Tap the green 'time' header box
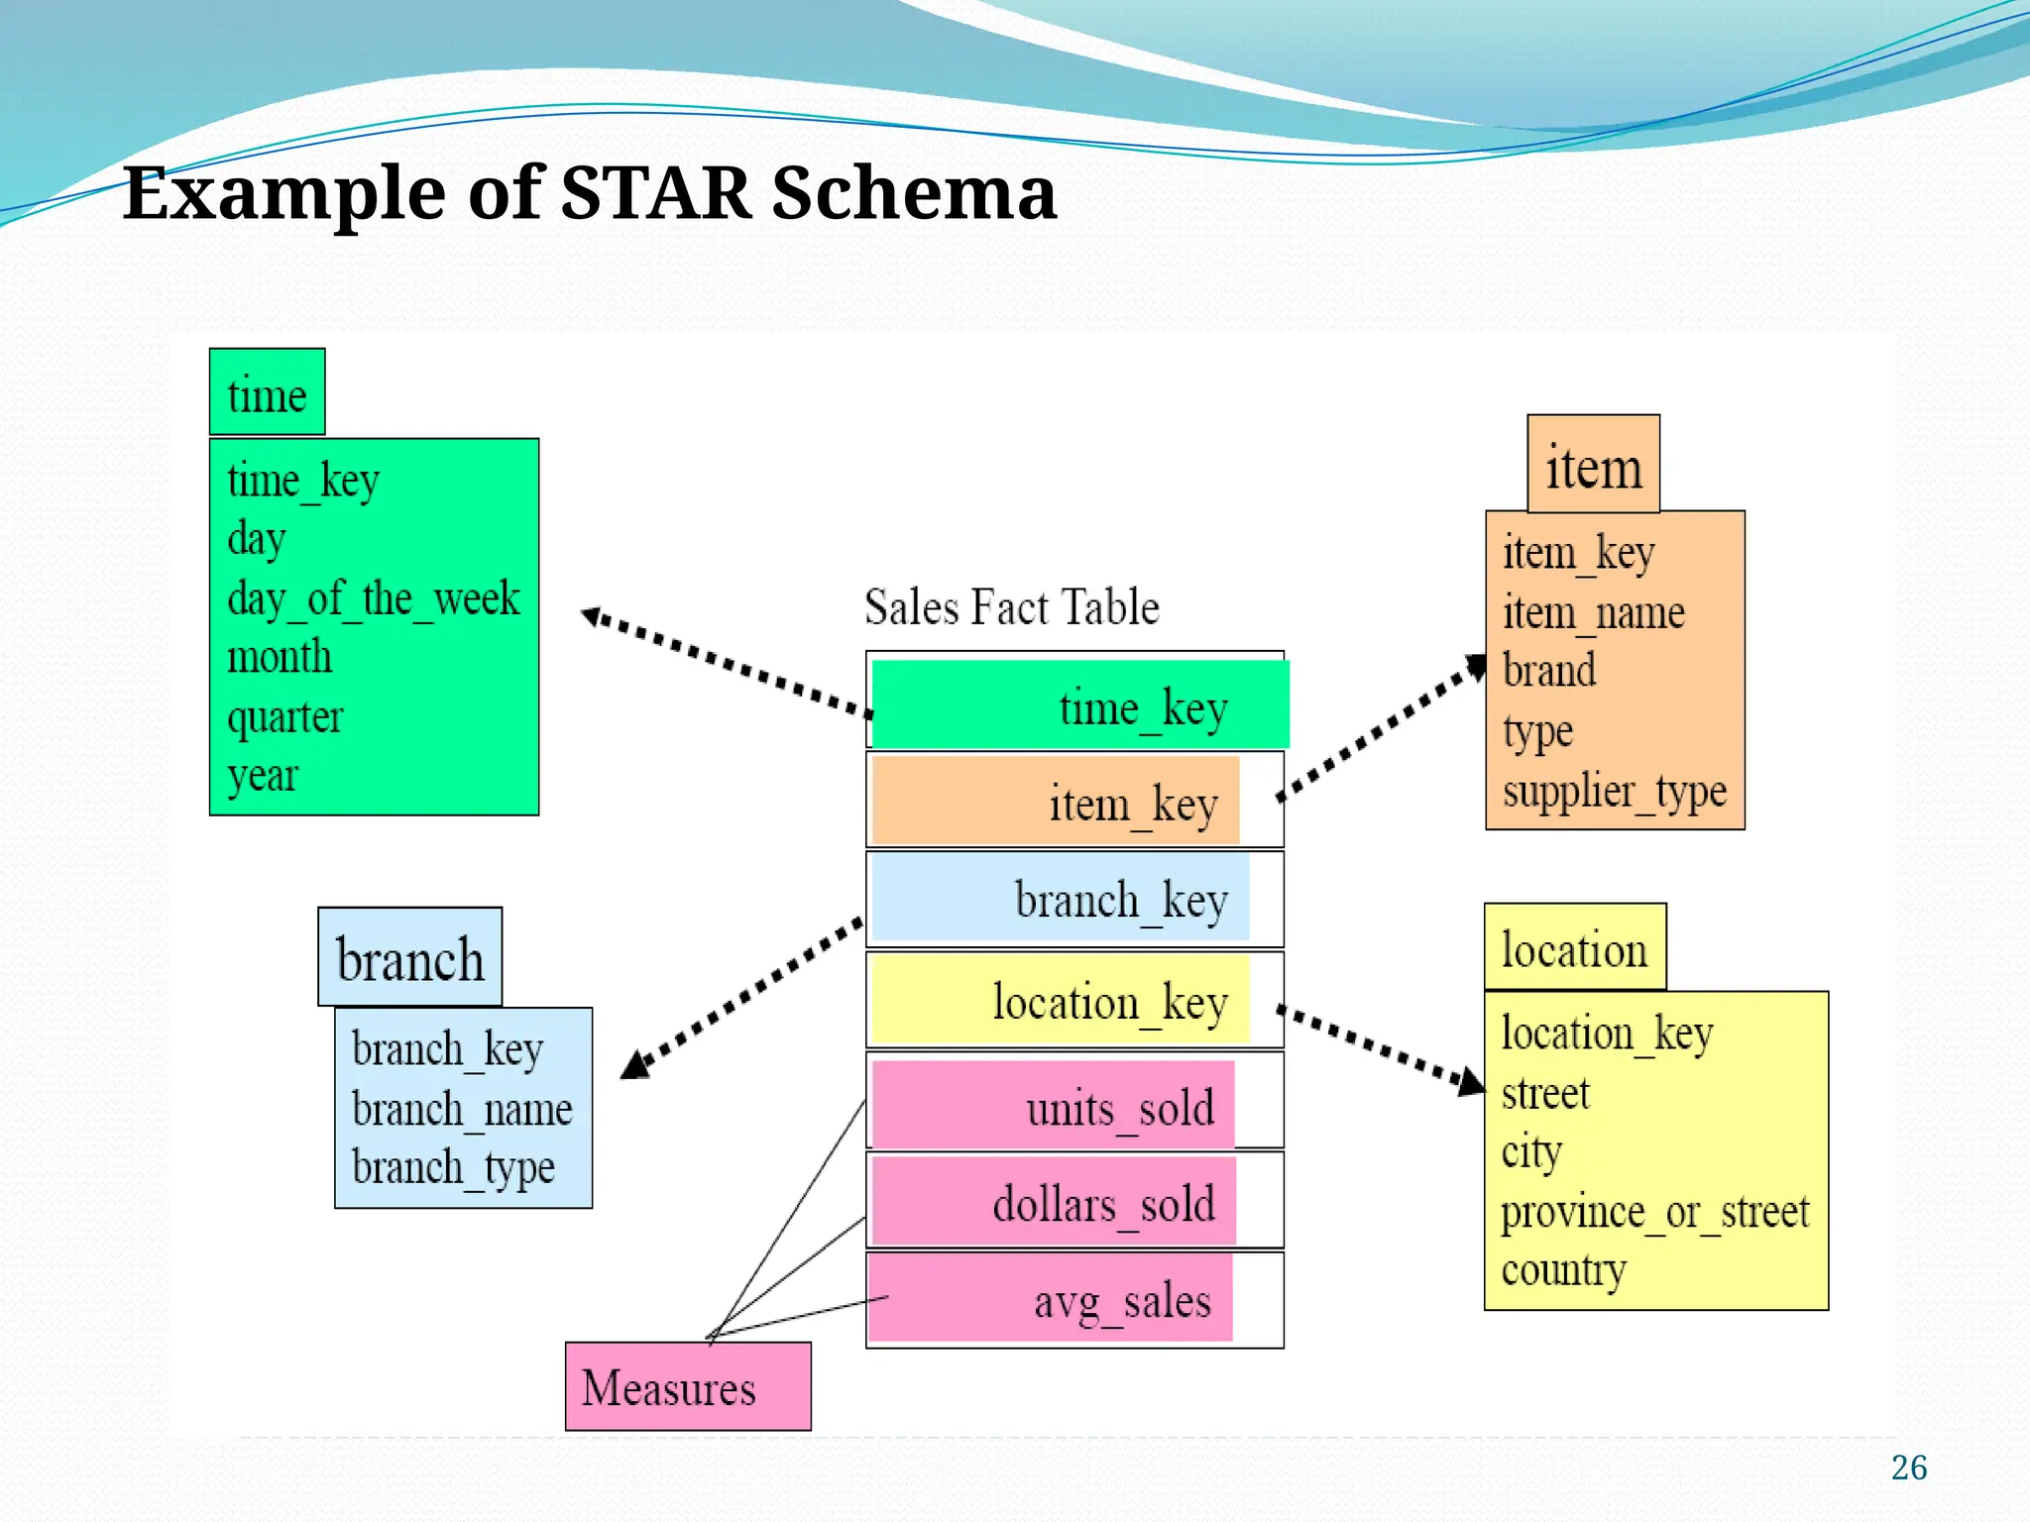pyautogui.click(x=267, y=392)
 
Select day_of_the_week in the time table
pyautogui.click(x=373, y=599)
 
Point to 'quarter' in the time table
pyautogui.click(x=284, y=716)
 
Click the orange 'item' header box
pyautogui.click(x=1593, y=465)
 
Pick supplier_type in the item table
pyautogui.click(x=1614, y=792)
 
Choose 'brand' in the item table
pyautogui.click(x=1549, y=671)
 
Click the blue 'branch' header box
pyautogui.click(x=409, y=958)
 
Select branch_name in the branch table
pyautogui.click(x=462, y=1109)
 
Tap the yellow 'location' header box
pyautogui.click(x=1574, y=948)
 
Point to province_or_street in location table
pyautogui.click(x=1654, y=1213)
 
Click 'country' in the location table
pyautogui.click(x=1563, y=1270)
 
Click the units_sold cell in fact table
pyautogui.click(x=1054, y=1106)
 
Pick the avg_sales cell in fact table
pyautogui.click(x=1051, y=1299)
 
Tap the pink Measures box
pyautogui.click(x=687, y=1386)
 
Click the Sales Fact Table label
pyautogui.click(x=1011, y=607)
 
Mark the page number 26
pyautogui.click(x=1908, y=1468)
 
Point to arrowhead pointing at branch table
pyautogui.click(x=636, y=1066)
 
